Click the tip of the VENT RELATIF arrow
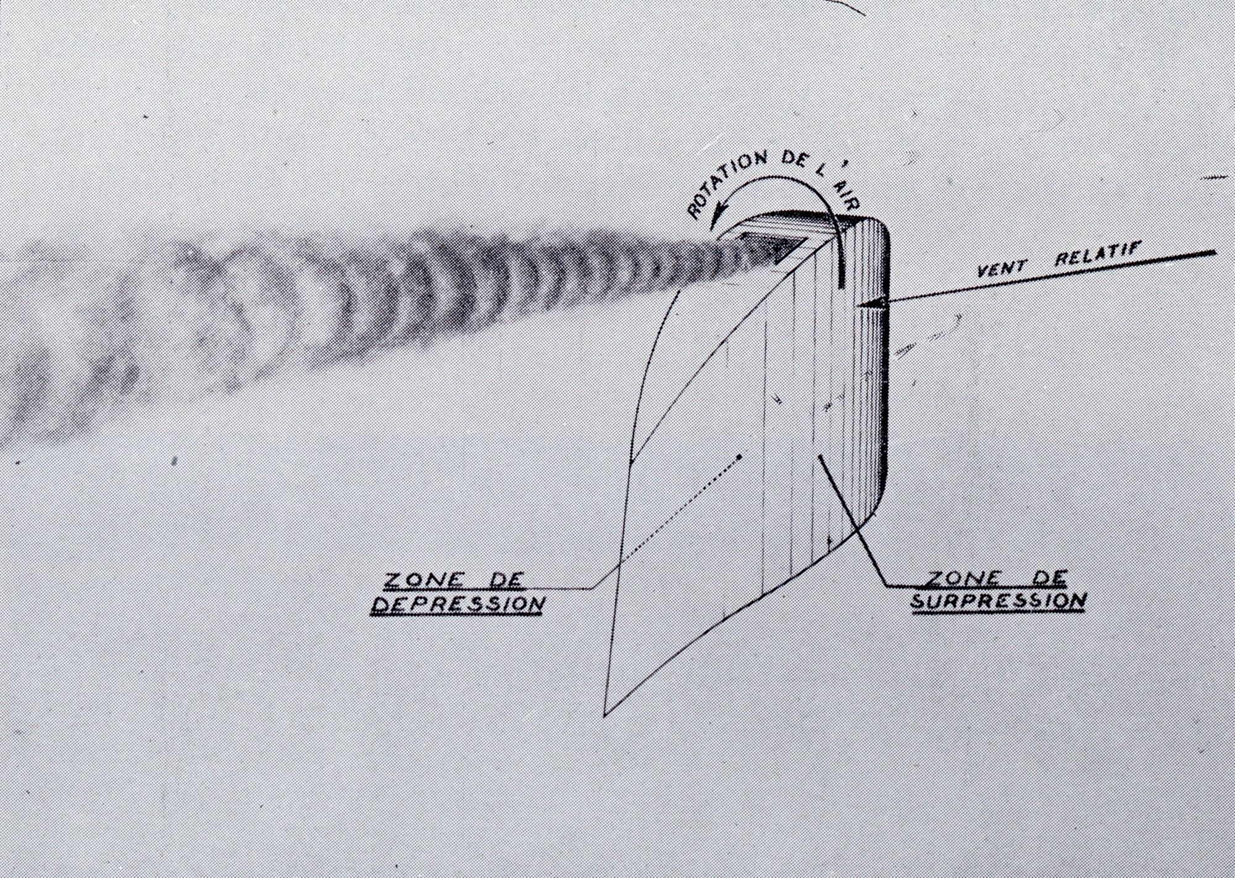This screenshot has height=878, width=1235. pyautogui.click(x=859, y=304)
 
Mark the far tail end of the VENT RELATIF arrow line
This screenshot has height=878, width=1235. pyautogui.click(x=1216, y=252)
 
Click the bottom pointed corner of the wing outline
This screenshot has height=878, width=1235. pyautogui.click(x=604, y=717)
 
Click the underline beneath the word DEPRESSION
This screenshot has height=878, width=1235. pyautogui.click(x=458, y=614)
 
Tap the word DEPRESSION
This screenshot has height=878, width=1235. pyautogui.click(x=458, y=602)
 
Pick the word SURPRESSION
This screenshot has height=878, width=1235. pyautogui.click(x=998, y=599)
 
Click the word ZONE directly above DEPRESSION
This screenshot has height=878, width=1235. pyautogui.click(x=419, y=580)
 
